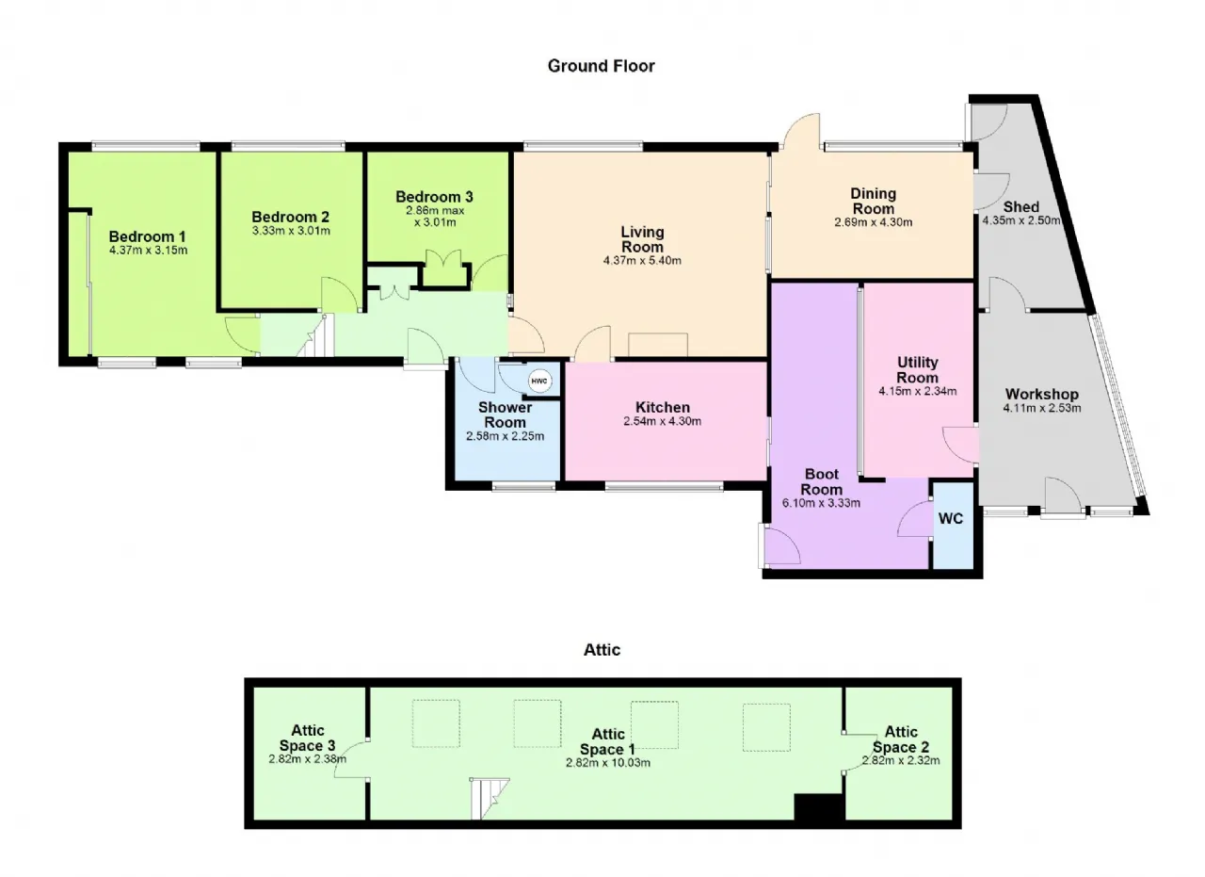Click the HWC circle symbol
539,382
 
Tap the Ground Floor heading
601,66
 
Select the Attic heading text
602,650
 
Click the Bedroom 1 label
148,236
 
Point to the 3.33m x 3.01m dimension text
291,231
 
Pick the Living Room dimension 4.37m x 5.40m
642,261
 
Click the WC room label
951,518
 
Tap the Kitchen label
663,407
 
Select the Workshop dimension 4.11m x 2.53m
1042,408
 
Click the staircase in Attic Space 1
490,798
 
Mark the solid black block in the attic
819,807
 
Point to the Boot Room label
822,482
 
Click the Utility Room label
918,370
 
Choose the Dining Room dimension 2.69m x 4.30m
873,222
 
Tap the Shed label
1021,206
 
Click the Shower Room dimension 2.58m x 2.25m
506,436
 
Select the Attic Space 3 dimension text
308,759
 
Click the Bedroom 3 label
434,197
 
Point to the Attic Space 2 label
901,739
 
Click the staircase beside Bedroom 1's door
315,336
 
